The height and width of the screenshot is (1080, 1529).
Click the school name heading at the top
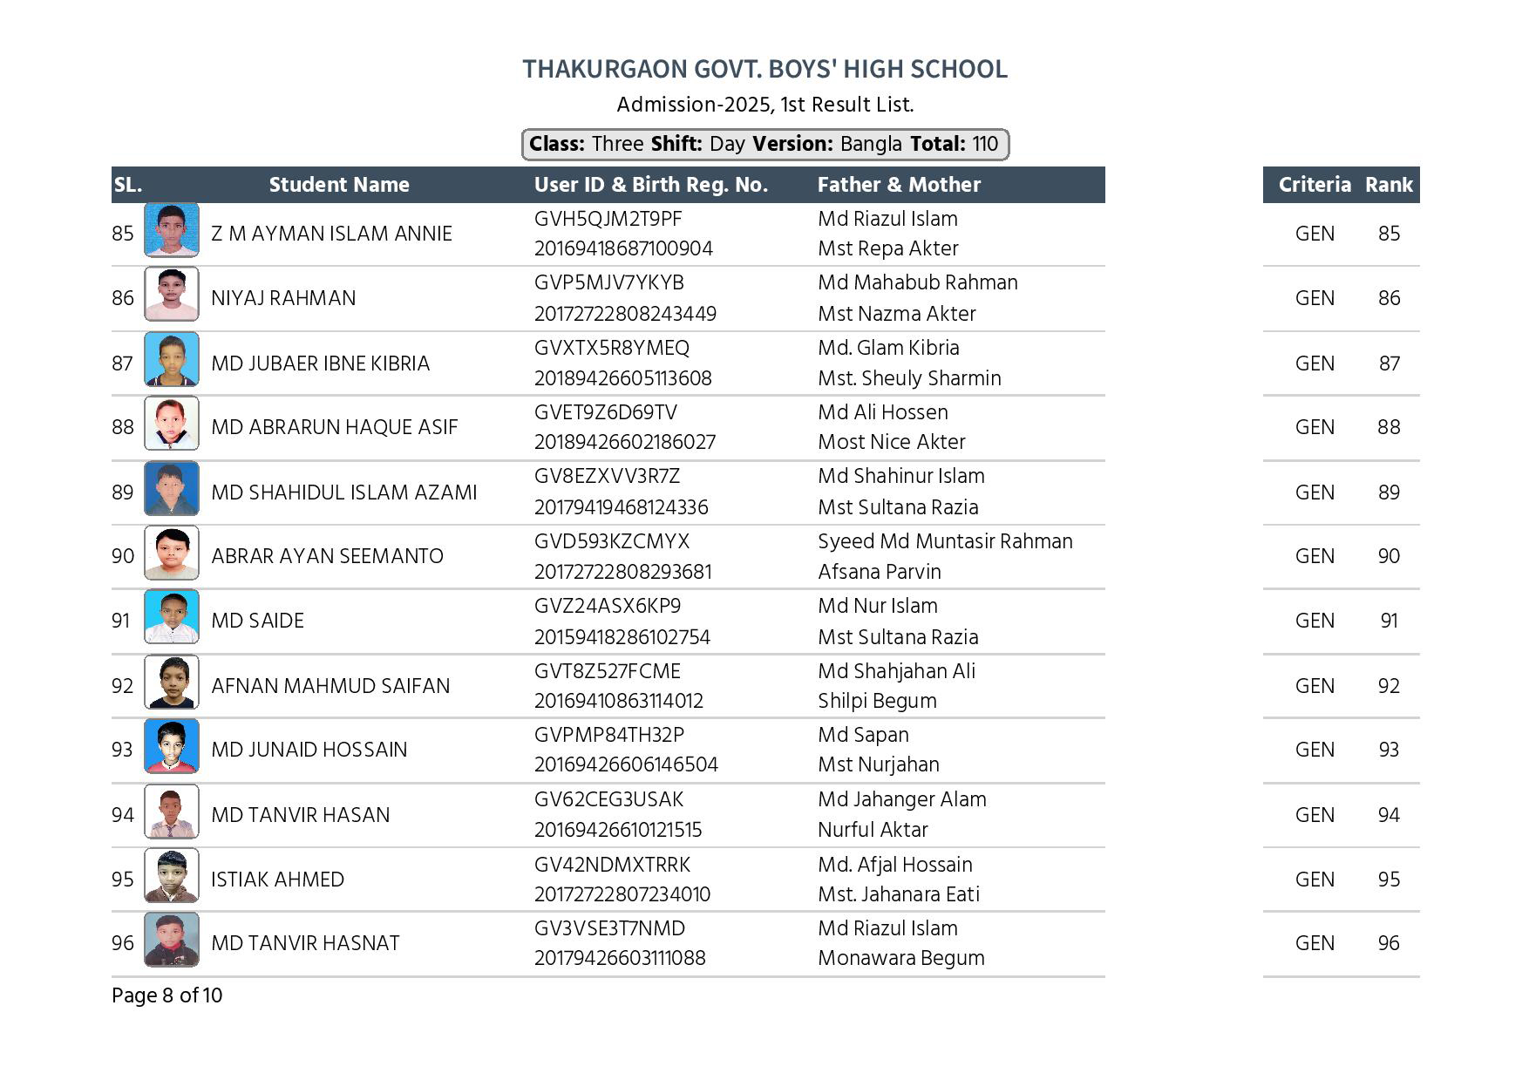(764, 69)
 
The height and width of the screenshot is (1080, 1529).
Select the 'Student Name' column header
(339, 185)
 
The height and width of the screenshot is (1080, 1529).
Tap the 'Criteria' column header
(1314, 185)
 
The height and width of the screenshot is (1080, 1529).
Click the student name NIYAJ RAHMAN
(283, 298)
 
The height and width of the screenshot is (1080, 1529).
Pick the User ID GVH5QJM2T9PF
(608, 219)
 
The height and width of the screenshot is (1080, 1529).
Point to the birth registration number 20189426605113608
(622, 378)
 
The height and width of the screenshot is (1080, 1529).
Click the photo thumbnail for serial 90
(171, 554)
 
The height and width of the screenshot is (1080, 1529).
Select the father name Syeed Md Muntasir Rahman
(945, 541)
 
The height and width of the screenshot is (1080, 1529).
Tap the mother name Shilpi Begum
(877, 701)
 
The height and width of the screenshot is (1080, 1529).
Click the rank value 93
(1389, 750)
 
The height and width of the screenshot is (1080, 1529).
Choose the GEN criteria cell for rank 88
(1315, 427)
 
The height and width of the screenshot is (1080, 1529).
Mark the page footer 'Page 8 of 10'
(166, 995)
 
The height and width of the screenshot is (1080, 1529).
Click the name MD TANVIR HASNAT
(305, 943)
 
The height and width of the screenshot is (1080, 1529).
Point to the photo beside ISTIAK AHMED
(171, 875)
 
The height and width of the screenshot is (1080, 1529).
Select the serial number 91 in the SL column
(120, 621)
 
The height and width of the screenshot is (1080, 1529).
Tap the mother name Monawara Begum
(900, 958)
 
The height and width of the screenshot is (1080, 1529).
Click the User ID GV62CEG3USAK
(608, 799)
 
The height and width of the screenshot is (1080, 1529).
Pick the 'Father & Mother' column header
(899, 185)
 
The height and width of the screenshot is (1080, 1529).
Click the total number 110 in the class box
(985, 144)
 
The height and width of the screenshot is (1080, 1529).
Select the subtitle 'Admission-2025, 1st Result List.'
(764, 105)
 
